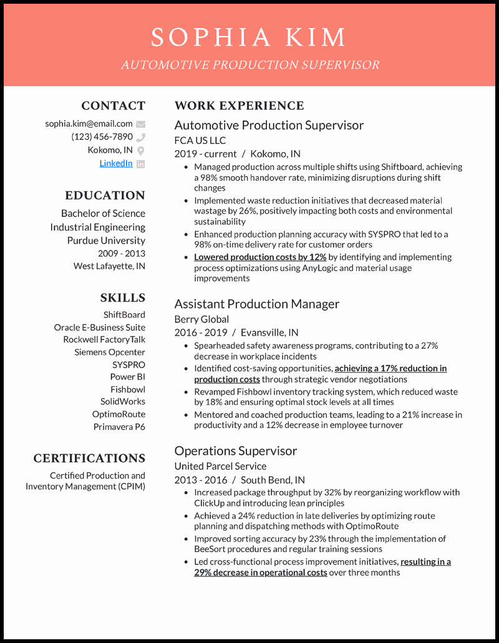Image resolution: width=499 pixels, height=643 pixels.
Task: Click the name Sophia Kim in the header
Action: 248,37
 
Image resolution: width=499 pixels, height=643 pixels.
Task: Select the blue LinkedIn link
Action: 116,163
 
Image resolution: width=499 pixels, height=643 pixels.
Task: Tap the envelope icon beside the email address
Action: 141,124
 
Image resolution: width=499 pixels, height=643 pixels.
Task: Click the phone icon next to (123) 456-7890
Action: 141,137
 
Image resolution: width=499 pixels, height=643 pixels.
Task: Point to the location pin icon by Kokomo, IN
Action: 141,150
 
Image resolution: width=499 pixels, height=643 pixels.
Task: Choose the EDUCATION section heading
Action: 105,196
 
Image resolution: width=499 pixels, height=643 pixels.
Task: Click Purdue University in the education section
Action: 106,241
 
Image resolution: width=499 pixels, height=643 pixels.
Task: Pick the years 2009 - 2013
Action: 121,254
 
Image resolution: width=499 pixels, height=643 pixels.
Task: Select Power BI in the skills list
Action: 127,377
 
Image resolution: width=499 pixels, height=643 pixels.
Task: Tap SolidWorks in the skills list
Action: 123,402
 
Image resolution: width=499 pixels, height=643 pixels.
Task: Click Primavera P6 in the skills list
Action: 119,427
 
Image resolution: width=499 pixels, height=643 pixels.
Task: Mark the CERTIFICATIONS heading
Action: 89,459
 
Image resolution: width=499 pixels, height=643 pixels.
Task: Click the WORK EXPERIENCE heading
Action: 239,106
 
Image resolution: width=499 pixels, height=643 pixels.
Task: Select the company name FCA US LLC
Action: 200,140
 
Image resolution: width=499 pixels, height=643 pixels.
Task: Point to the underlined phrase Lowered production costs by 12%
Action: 260,257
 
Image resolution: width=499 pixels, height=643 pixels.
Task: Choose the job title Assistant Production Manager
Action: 256,304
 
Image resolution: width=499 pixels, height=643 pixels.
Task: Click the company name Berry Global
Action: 201,319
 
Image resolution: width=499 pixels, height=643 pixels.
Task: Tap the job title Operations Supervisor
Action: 235,451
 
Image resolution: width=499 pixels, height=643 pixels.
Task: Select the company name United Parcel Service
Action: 220,466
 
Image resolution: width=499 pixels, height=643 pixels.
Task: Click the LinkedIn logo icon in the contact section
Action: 141,164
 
